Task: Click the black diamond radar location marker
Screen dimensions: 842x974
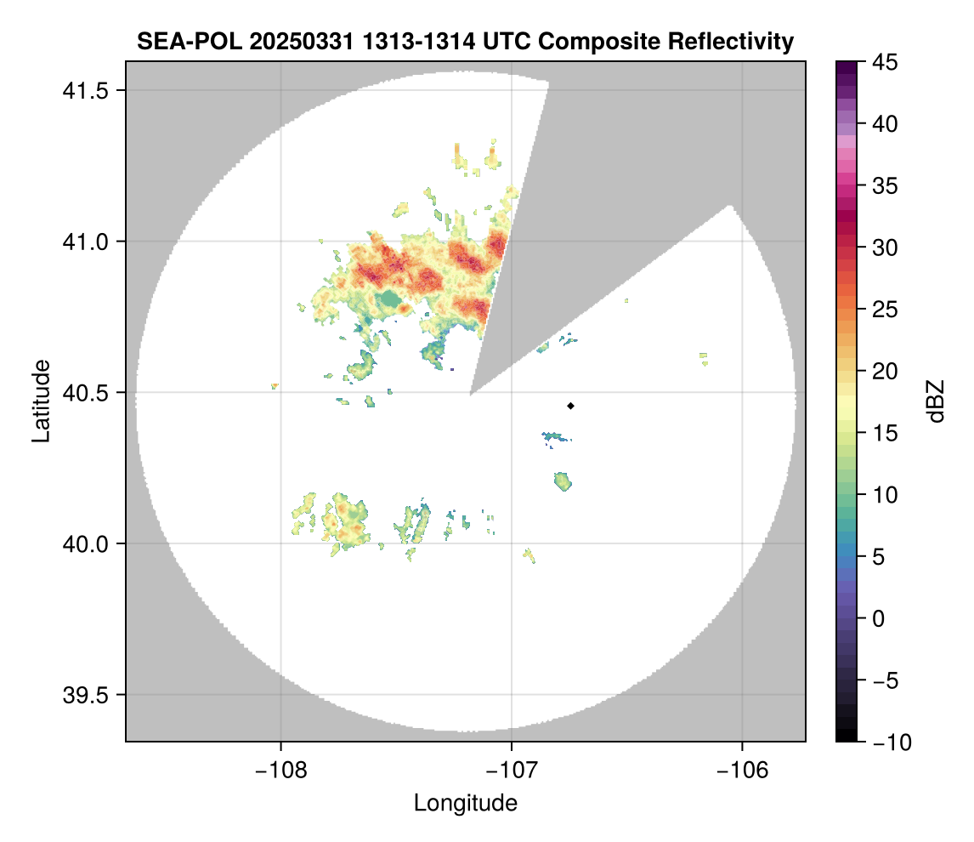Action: (570, 406)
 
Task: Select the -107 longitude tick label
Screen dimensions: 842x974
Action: (512, 771)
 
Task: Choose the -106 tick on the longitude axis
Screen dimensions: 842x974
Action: (743, 771)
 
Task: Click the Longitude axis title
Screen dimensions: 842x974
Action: (466, 803)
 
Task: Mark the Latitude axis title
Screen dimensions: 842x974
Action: (40, 401)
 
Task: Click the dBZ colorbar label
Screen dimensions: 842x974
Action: (936, 401)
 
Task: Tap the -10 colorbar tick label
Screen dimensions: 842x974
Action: (887, 742)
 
